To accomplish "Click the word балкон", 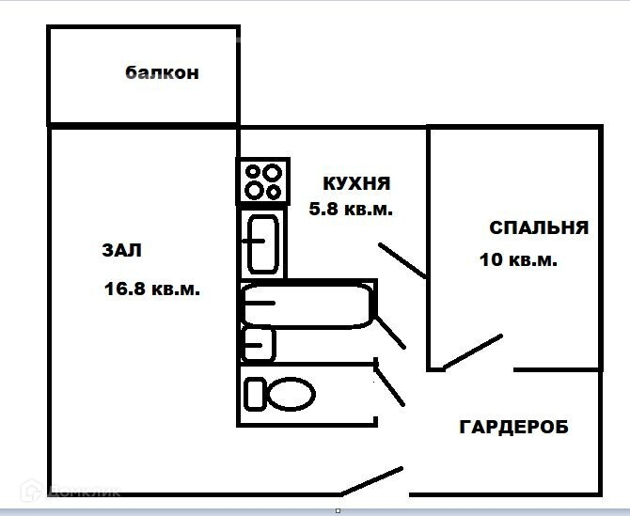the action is [162, 72].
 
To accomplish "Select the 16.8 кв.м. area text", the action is [151, 289].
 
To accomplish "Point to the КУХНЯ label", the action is [355, 182].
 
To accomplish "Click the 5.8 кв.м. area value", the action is [351, 210].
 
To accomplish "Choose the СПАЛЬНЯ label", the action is [539, 227].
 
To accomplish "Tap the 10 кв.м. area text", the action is [518, 260].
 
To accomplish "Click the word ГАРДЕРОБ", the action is [513, 427].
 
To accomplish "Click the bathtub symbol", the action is [307, 304].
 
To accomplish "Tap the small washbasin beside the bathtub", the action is [259, 343].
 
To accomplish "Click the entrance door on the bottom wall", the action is [371, 480].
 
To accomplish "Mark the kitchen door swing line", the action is [402, 260].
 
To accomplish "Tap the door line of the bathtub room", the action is [390, 330].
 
